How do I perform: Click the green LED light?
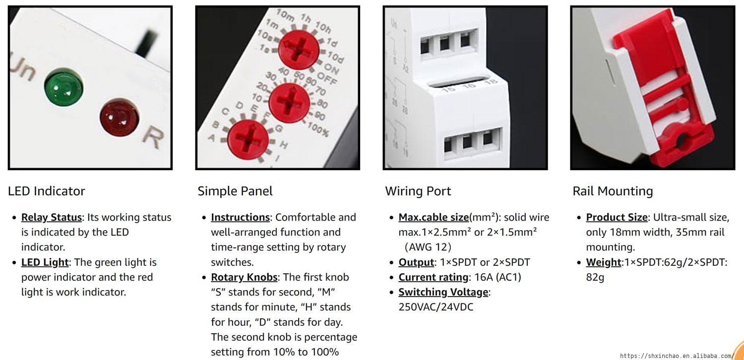[x=63, y=87]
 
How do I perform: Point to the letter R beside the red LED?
[x=153, y=137]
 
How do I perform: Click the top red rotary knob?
[x=299, y=50]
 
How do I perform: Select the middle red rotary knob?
[x=289, y=103]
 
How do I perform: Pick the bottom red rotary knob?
[x=248, y=139]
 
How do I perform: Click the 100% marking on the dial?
[x=318, y=129]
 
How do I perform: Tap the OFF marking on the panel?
[x=327, y=78]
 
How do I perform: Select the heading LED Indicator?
[x=47, y=191]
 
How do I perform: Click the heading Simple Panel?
[x=235, y=191]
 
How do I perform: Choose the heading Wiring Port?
[x=418, y=191]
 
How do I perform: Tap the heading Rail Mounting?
[x=613, y=191]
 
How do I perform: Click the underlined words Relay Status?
[x=52, y=217]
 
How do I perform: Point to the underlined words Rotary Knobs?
[x=244, y=277]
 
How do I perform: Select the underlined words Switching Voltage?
[x=443, y=292]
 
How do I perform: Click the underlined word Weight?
[x=604, y=262]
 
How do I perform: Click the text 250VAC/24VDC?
[x=436, y=307]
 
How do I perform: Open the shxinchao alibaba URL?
[x=676, y=356]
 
